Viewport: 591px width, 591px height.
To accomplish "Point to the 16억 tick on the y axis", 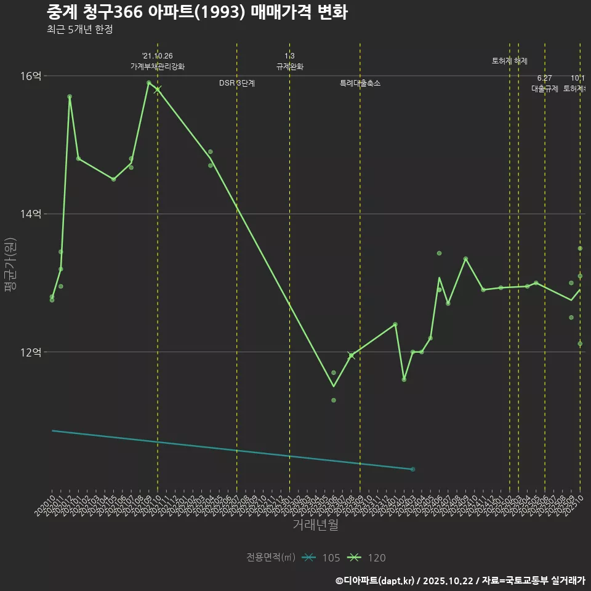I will coord(31,76).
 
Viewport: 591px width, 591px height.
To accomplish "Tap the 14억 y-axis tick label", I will coord(31,214).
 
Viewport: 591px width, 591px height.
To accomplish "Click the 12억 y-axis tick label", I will coord(31,352).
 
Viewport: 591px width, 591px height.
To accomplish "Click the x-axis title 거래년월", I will coord(315,525).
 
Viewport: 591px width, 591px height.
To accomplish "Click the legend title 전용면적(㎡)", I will coord(271,558).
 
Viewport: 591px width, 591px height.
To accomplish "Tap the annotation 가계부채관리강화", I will coord(157,66).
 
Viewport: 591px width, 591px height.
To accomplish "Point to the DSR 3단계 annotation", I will coord(237,83).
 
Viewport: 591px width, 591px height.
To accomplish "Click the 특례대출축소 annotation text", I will coord(360,83).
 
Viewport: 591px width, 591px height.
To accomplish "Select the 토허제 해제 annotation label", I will coord(510,61).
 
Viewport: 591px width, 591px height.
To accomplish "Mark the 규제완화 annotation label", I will coord(289,66).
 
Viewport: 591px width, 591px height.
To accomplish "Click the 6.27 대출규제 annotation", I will coord(545,88).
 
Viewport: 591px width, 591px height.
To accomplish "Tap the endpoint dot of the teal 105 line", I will coord(412,469).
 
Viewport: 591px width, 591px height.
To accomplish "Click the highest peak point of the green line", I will coord(149,82).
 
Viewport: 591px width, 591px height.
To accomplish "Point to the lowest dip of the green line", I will coord(334,387).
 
